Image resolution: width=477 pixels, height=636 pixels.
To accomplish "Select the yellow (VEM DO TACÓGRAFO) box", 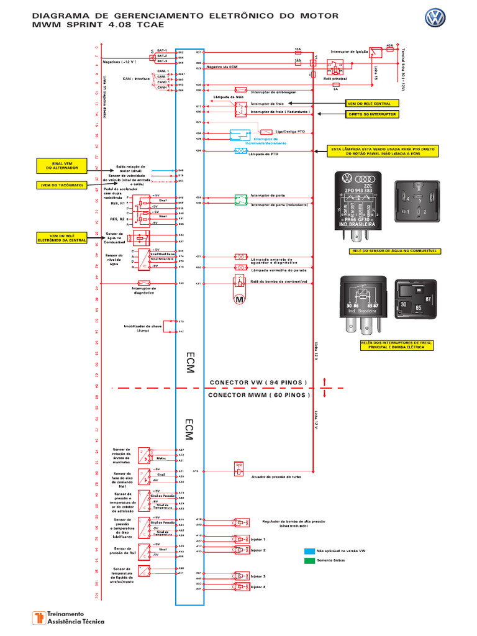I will [x=62, y=184].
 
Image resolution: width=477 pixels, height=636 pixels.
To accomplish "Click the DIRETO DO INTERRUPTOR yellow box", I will [x=372, y=114].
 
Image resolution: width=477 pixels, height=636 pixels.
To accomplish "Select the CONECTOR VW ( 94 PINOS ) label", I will [x=258, y=381].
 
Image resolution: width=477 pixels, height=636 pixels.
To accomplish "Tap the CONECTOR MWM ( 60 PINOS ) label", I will [x=258, y=394].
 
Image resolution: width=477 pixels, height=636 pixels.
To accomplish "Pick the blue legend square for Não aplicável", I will [x=309, y=550].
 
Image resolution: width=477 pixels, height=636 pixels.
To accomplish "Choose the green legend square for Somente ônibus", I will [x=309, y=560].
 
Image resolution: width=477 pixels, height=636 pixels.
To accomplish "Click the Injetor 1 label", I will [x=258, y=540].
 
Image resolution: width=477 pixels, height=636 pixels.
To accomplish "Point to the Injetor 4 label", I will [x=258, y=586].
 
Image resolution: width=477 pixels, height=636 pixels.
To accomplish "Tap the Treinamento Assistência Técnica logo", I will [x=68, y=617].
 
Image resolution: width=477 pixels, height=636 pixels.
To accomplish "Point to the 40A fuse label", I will [x=389, y=45].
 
